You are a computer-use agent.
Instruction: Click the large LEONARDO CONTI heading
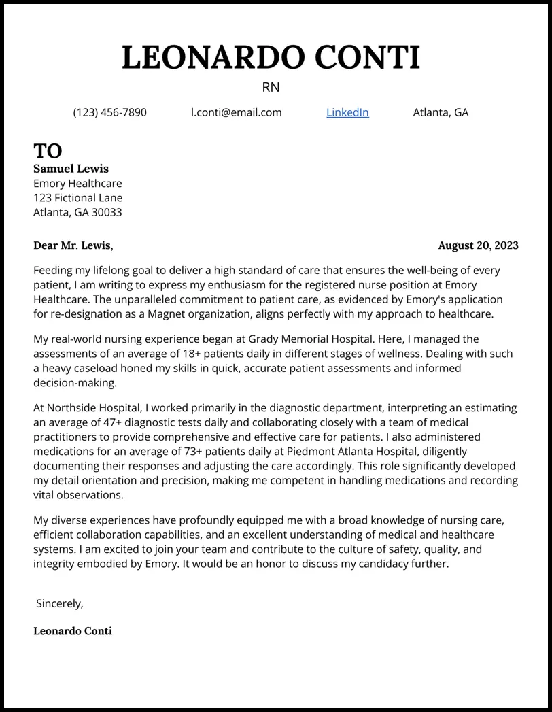tap(271, 58)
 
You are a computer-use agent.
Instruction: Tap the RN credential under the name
tap(271, 88)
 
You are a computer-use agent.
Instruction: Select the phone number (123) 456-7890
tap(109, 112)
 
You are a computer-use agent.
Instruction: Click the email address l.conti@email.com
tap(236, 112)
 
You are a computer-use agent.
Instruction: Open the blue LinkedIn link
tap(347, 112)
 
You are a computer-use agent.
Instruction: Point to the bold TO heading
tap(48, 151)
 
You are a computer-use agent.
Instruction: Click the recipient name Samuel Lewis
tap(71, 169)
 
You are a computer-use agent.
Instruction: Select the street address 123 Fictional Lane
tap(78, 198)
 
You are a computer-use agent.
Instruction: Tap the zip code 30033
tap(107, 212)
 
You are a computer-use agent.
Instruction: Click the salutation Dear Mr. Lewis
tap(73, 245)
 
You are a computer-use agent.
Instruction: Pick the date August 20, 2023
tap(478, 245)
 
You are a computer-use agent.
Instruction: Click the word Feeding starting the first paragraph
tap(54, 271)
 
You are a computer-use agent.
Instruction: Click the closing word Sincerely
tap(60, 603)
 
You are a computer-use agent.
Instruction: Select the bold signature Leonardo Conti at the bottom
tap(73, 631)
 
